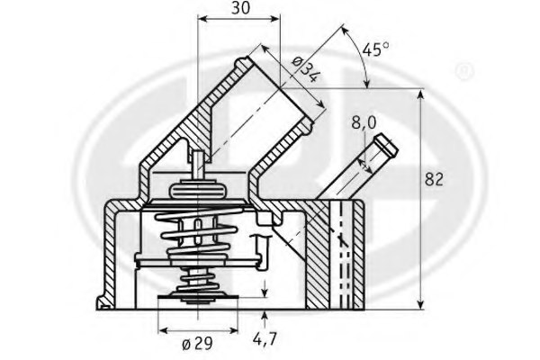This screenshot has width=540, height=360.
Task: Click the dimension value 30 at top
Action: [x=240, y=8]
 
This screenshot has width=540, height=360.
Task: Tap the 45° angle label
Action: [x=375, y=49]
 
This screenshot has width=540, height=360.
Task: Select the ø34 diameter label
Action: [x=304, y=70]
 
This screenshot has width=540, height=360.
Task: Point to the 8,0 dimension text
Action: [x=364, y=122]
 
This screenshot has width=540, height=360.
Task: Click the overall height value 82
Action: [x=434, y=179]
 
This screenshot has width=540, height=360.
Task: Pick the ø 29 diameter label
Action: [x=197, y=344]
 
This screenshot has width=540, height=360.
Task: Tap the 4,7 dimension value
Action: [x=265, y=339]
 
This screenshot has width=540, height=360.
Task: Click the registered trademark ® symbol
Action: [x=464, y=71]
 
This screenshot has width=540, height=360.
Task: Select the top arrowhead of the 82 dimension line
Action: [x=420, y=95]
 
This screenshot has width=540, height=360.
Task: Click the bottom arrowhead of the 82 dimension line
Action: [x=420, y=303]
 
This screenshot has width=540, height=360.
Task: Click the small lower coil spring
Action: [x=198, y=280]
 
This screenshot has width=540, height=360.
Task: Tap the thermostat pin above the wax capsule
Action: [x=198, y=165]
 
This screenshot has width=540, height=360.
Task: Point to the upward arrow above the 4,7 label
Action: [x=265, y=319]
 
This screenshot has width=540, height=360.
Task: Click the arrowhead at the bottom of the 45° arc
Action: [x=367, y=83]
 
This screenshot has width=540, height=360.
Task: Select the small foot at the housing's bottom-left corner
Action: [x=103, y=302]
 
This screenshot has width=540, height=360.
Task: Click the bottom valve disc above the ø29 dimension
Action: [x=198, y=297]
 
